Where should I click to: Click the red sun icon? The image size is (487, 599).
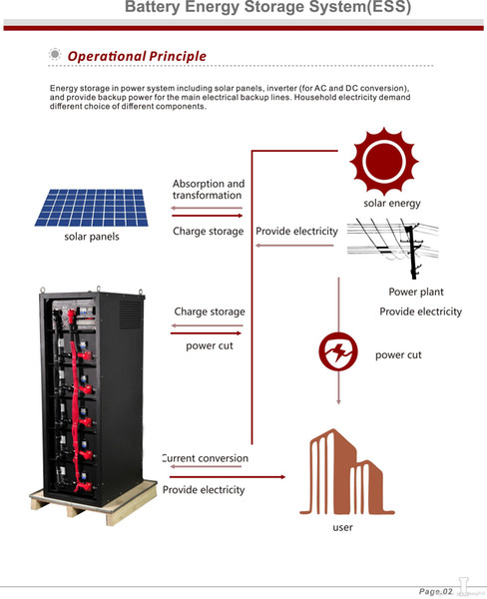pos(384,161)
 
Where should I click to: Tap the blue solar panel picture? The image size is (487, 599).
pos(92,208)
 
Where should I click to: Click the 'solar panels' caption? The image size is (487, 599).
pos(92,237)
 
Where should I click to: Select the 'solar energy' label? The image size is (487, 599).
pos(392,204)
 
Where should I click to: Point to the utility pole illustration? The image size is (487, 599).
pos(393,248)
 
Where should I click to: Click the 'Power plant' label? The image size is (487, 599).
pos(416,292)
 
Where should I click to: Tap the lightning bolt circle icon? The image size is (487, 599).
pos(338,351)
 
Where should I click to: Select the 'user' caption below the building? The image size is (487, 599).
pos(342,527)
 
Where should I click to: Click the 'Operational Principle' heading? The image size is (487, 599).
pos(137,56)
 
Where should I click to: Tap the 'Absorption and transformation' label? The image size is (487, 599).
pos(209,190)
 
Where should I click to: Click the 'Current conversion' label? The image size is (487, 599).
pos(206,458)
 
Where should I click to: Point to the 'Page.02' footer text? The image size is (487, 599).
pos(435,591)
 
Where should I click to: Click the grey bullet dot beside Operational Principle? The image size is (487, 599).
pos(55,54)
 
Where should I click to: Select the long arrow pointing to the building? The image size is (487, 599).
pos(228,477)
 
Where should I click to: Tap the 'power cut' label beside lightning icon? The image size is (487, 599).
pos(398,354)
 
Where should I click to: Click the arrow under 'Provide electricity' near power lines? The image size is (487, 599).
pos(294,246)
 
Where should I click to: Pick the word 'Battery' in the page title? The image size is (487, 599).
pos(153,7)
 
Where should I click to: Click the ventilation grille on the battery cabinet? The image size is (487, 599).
pos(131,314)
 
